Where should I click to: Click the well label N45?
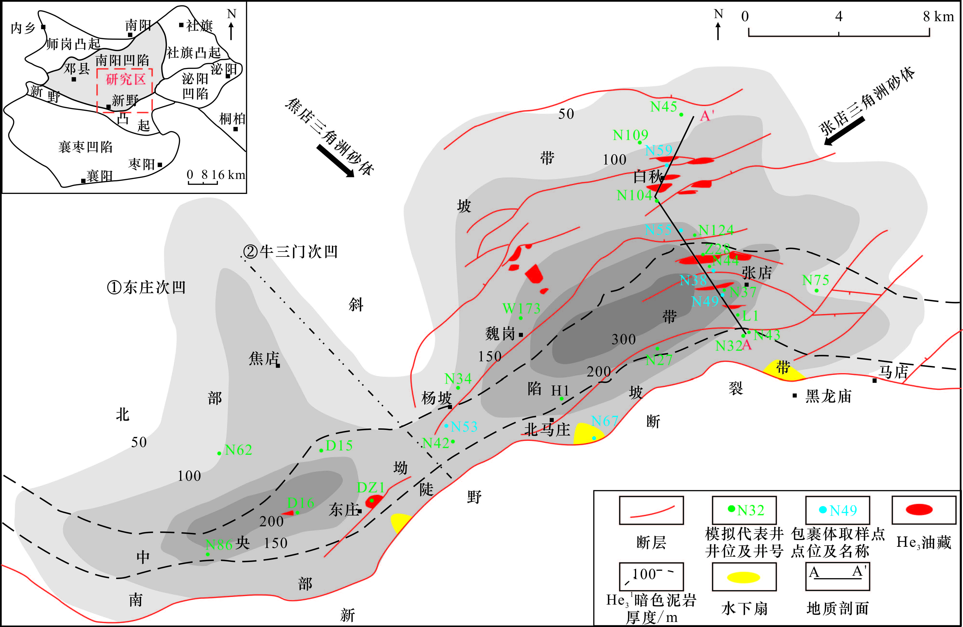tap(664, 107)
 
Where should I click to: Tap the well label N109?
tap(630, 135)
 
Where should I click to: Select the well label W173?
tap(521, 309)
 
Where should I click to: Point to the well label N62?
tap(238, 450)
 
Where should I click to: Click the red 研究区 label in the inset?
tap(125, 79)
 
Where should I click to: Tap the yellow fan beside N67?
tap(587, 434)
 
